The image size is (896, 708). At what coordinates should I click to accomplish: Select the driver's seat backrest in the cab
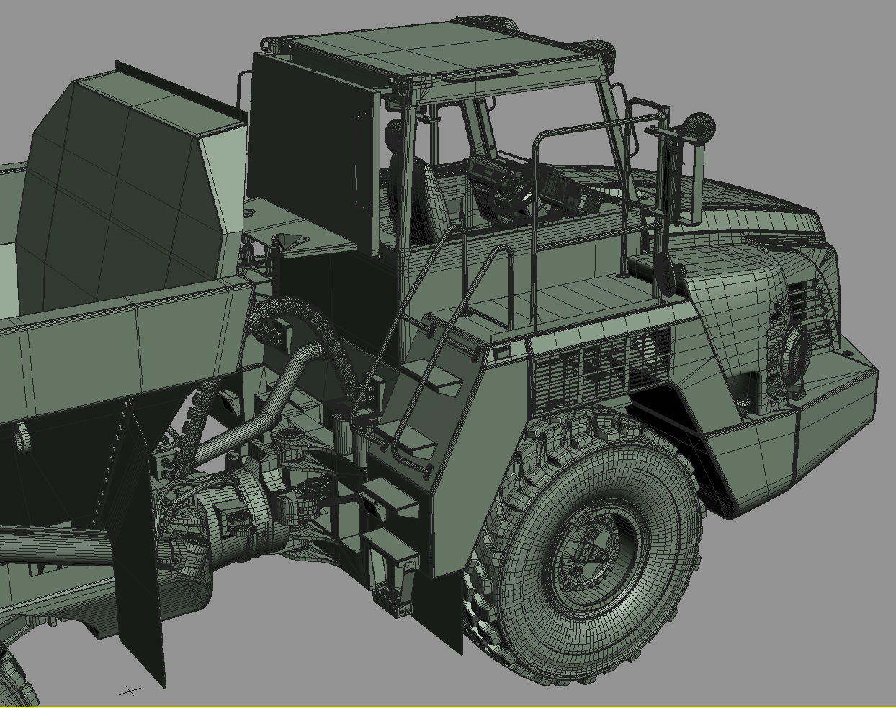point(426,190)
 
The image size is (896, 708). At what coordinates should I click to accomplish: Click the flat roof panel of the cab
point(403,54)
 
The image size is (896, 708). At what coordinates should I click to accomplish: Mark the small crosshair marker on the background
point(130,691)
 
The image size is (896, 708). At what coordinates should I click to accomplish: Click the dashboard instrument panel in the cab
point(562,191)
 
